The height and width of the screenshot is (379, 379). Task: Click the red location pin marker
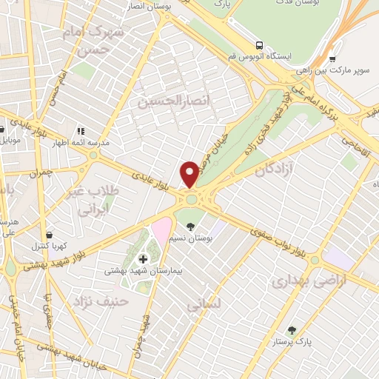[x=190, y=173]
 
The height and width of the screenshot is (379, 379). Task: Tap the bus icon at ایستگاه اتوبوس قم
[x=258, y=44]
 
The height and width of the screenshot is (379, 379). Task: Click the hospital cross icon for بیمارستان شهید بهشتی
[x=143, y=258]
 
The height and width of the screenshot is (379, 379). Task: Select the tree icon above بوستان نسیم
[x=192, y=227]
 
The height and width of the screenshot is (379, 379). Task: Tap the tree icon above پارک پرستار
[x=292, y=330]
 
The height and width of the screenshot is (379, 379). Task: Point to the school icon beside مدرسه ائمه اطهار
[x=80, y=130]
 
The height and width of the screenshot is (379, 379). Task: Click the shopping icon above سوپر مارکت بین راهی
[x=332, y=60]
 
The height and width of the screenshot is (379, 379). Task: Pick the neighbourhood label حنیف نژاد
[x=101, y=301]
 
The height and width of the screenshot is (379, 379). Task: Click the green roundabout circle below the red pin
[x=192, y=198]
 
